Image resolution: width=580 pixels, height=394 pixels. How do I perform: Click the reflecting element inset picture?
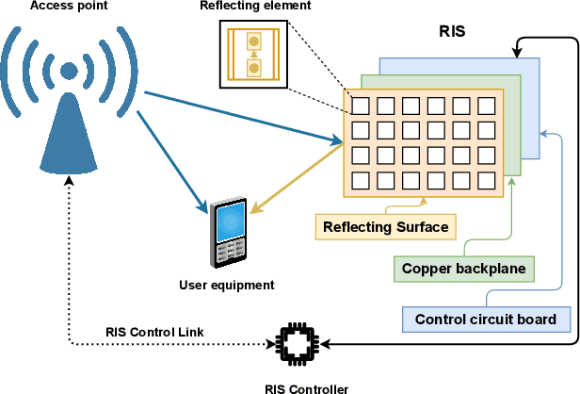point(252,55)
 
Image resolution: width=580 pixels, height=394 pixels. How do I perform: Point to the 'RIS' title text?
point(452,31)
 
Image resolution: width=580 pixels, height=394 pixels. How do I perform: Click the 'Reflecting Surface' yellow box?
point(385,226)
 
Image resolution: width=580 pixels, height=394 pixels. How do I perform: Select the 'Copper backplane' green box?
point(463,269)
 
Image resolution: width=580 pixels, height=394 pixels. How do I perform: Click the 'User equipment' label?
point(226,285)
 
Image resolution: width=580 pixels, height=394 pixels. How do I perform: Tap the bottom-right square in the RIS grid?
point(486,179)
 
